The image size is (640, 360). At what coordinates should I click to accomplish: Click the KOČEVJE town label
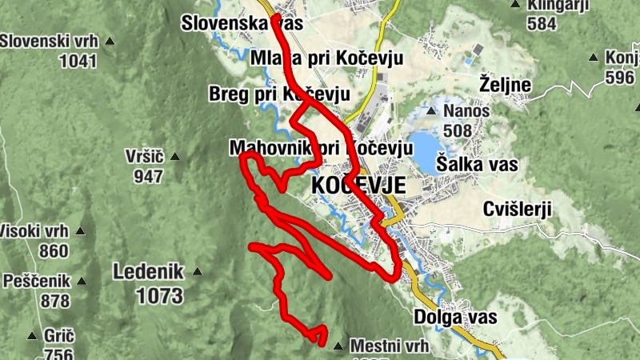358,186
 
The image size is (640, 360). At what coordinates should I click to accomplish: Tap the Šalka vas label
477,165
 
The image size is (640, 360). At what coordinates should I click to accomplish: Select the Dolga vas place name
455,317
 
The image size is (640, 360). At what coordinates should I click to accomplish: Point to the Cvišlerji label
518,209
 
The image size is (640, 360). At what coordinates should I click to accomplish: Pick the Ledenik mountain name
149,270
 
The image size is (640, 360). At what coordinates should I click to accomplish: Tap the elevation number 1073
160,296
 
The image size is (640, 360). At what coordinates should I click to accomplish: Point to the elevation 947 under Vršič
149,176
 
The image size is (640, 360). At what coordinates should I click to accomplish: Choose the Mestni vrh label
390,346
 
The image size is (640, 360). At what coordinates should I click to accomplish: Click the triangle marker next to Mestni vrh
338,346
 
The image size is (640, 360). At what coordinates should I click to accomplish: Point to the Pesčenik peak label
36,281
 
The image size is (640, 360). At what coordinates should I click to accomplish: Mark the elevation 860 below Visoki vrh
54,250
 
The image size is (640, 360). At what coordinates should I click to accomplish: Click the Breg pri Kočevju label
279,94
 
